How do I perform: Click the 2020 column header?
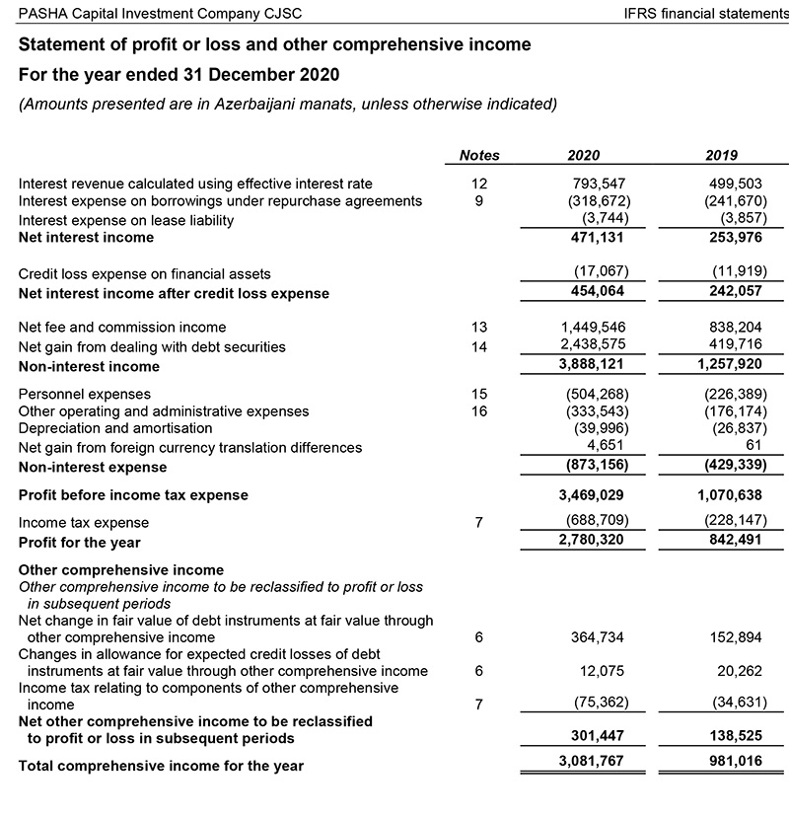583,155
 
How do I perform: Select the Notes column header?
479,155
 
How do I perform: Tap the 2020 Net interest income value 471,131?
595,238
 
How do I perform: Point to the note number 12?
479,184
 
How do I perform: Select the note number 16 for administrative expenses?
479,410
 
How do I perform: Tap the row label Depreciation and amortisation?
115,428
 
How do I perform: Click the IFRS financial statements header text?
706,13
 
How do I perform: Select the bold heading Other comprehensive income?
121,570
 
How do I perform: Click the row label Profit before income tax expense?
134,494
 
